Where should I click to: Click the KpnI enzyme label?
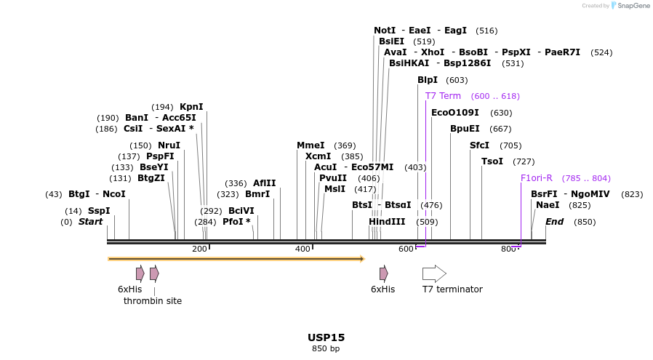[191, 107]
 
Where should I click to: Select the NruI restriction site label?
[169, 145]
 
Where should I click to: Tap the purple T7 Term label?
[443, 96]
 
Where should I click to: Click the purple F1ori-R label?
[537, 178]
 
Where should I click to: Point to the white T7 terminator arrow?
[434, 273]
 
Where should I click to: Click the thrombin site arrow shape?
[154, 273]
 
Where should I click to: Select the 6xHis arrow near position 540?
[383, 273]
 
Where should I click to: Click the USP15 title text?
[326, 337]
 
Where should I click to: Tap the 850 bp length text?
[326, 349]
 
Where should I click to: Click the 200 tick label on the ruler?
[199, 249]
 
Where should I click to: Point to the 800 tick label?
[508, 249]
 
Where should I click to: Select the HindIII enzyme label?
[386, 222]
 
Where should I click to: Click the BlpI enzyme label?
[428, 80]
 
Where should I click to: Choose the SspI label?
[99, 211]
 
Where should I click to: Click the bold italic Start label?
[91, 222]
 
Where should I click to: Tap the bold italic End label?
[554, 222]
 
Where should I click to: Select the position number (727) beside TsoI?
[524, 161]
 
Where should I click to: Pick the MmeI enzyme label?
[311, 145]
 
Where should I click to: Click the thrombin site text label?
[153, 300]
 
